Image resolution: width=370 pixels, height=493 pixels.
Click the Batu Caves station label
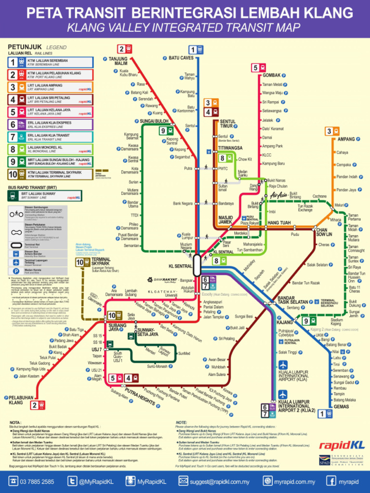click(x=181, y=58)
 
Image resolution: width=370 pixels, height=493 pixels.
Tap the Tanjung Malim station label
click(x=118, y=61)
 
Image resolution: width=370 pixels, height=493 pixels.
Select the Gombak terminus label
click(x=272, y=76)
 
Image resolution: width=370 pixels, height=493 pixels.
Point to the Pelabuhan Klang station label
click(x=16, y=400)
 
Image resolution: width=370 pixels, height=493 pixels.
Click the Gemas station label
click(x=341, y=407)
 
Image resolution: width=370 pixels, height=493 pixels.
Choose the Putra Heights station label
click(x=140, y=396)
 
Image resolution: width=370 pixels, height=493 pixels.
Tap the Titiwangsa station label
click(x=230, y=148)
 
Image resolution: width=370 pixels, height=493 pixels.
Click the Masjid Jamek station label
click(x=225, y=220)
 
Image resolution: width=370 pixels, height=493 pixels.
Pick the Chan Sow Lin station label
click(x=324, y=232)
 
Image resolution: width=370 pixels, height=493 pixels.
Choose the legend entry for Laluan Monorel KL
click(x=48, y=149)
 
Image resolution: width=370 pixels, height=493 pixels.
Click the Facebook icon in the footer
click(x=331, y=481)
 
